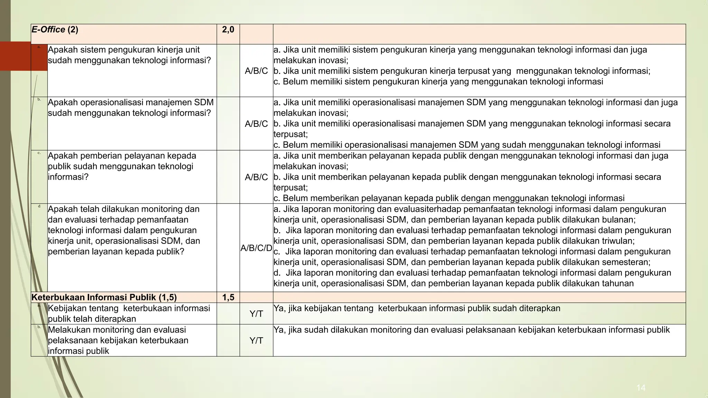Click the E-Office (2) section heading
tap(55, 30)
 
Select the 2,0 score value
tap(228, 30)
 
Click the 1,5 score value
tap(228, 297)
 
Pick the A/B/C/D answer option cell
tap(256, 248)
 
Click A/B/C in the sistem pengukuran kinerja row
tap(256, 71)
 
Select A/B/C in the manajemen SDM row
tap(256, 124)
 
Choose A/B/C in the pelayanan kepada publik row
tap(256, 177)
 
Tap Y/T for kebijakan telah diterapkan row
tap(256, 314)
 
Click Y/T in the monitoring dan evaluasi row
tap(256, 341)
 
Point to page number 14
tap(641, 388)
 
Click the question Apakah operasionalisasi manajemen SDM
tap(131, 108)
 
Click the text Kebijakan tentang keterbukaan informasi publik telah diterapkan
tap(129, 313)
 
